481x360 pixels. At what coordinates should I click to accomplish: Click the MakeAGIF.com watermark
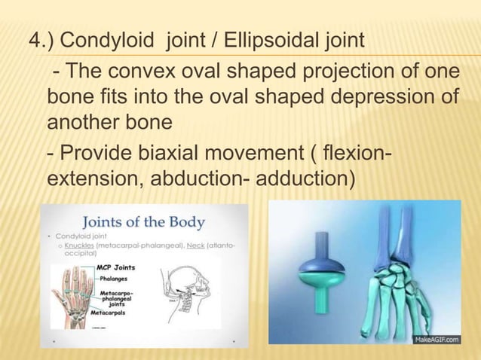(440, 340)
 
